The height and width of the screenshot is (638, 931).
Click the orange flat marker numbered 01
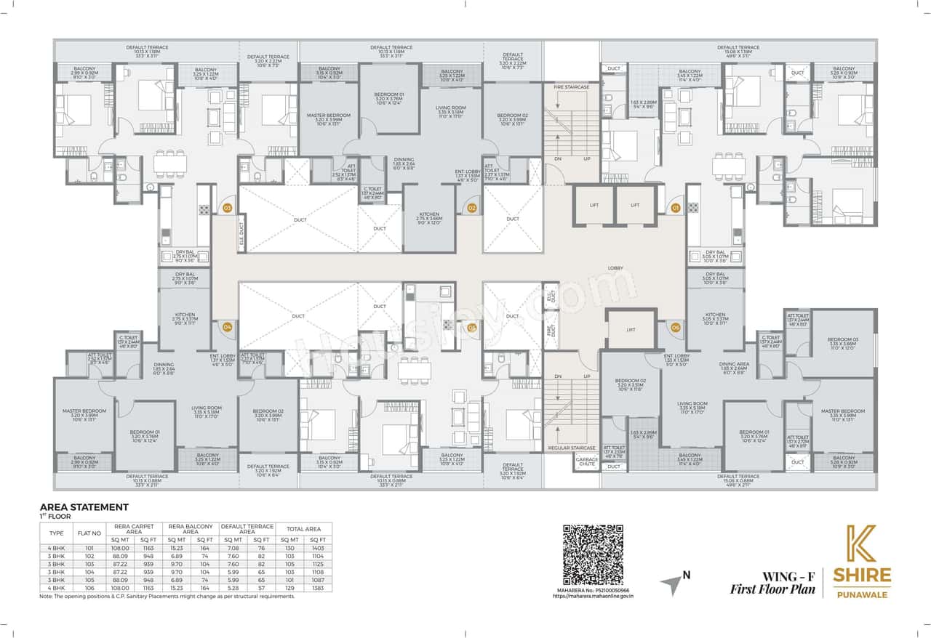[674, 209]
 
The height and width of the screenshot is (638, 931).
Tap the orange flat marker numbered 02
[471, 209]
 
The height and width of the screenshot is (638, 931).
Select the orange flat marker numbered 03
[227, 209]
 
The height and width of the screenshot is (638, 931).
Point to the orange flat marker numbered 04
[227, 327]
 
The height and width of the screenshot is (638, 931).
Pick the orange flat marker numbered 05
[471, 327]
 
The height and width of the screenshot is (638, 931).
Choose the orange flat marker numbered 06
[674, 327]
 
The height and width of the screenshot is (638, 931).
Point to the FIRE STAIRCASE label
[571, 87]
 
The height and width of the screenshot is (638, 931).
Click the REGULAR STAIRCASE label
[572, 448]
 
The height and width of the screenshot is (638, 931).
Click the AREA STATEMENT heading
[84, 506]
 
